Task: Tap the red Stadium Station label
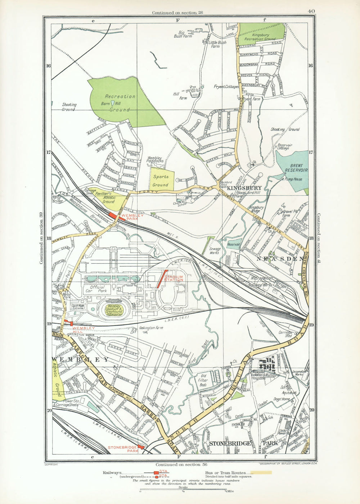point(174,278)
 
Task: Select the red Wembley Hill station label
point(84,330)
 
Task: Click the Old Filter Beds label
point(202,382)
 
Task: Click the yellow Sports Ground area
point(161,179)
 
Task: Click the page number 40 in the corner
point(311,11)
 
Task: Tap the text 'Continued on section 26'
point(177,13)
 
